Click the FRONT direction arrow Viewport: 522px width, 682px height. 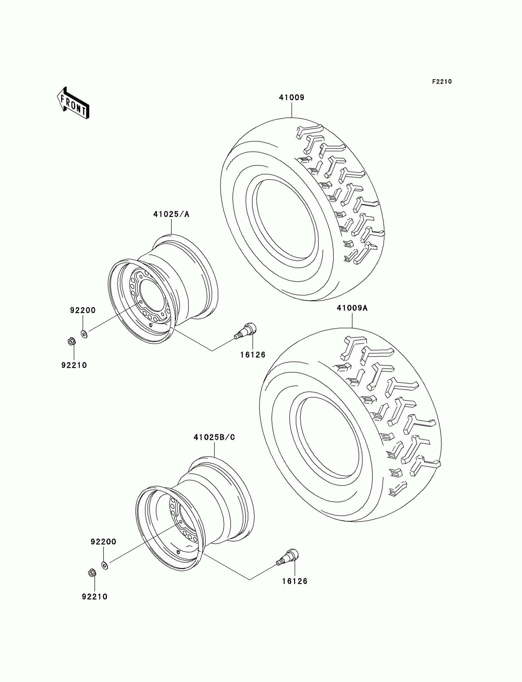click(73, 103)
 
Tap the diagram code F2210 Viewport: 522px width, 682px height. click(442, 82)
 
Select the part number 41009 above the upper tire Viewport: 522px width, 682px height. click(291, 98)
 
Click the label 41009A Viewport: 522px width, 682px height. click(352, 308)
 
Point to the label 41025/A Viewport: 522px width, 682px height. click(171, 214)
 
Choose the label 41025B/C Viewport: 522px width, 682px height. click(214, 437)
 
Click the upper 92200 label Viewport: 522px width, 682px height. click(83, 310)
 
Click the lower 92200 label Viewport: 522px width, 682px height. click(103, 542)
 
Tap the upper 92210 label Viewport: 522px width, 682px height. click(74, 365)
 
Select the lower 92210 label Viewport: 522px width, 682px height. click(95, 597)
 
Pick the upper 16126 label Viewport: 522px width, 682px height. click(253, 355)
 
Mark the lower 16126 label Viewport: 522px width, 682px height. click(294, 581)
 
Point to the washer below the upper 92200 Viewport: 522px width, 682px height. click(84, 334)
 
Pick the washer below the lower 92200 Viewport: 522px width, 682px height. click(105, 566)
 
